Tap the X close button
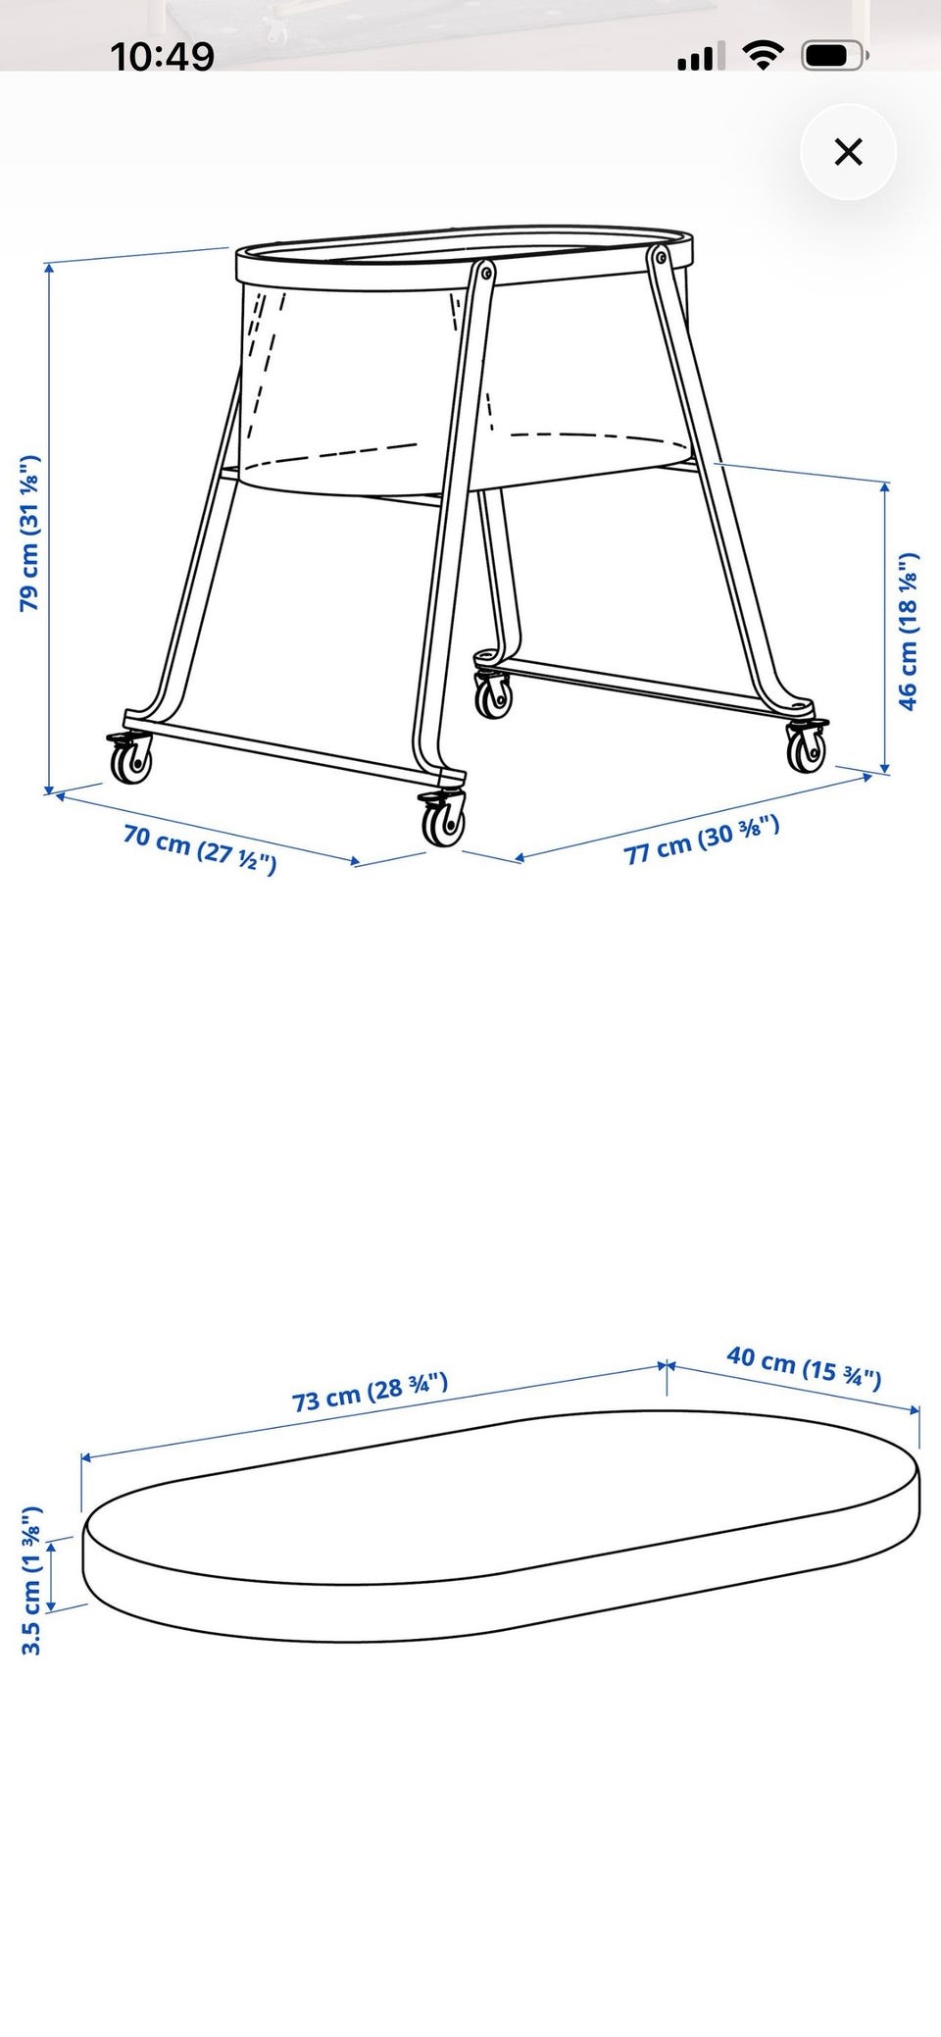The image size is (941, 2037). coord(848,152)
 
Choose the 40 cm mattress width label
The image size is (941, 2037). coord(804,1367)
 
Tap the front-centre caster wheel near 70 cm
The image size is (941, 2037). coord(443,817)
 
